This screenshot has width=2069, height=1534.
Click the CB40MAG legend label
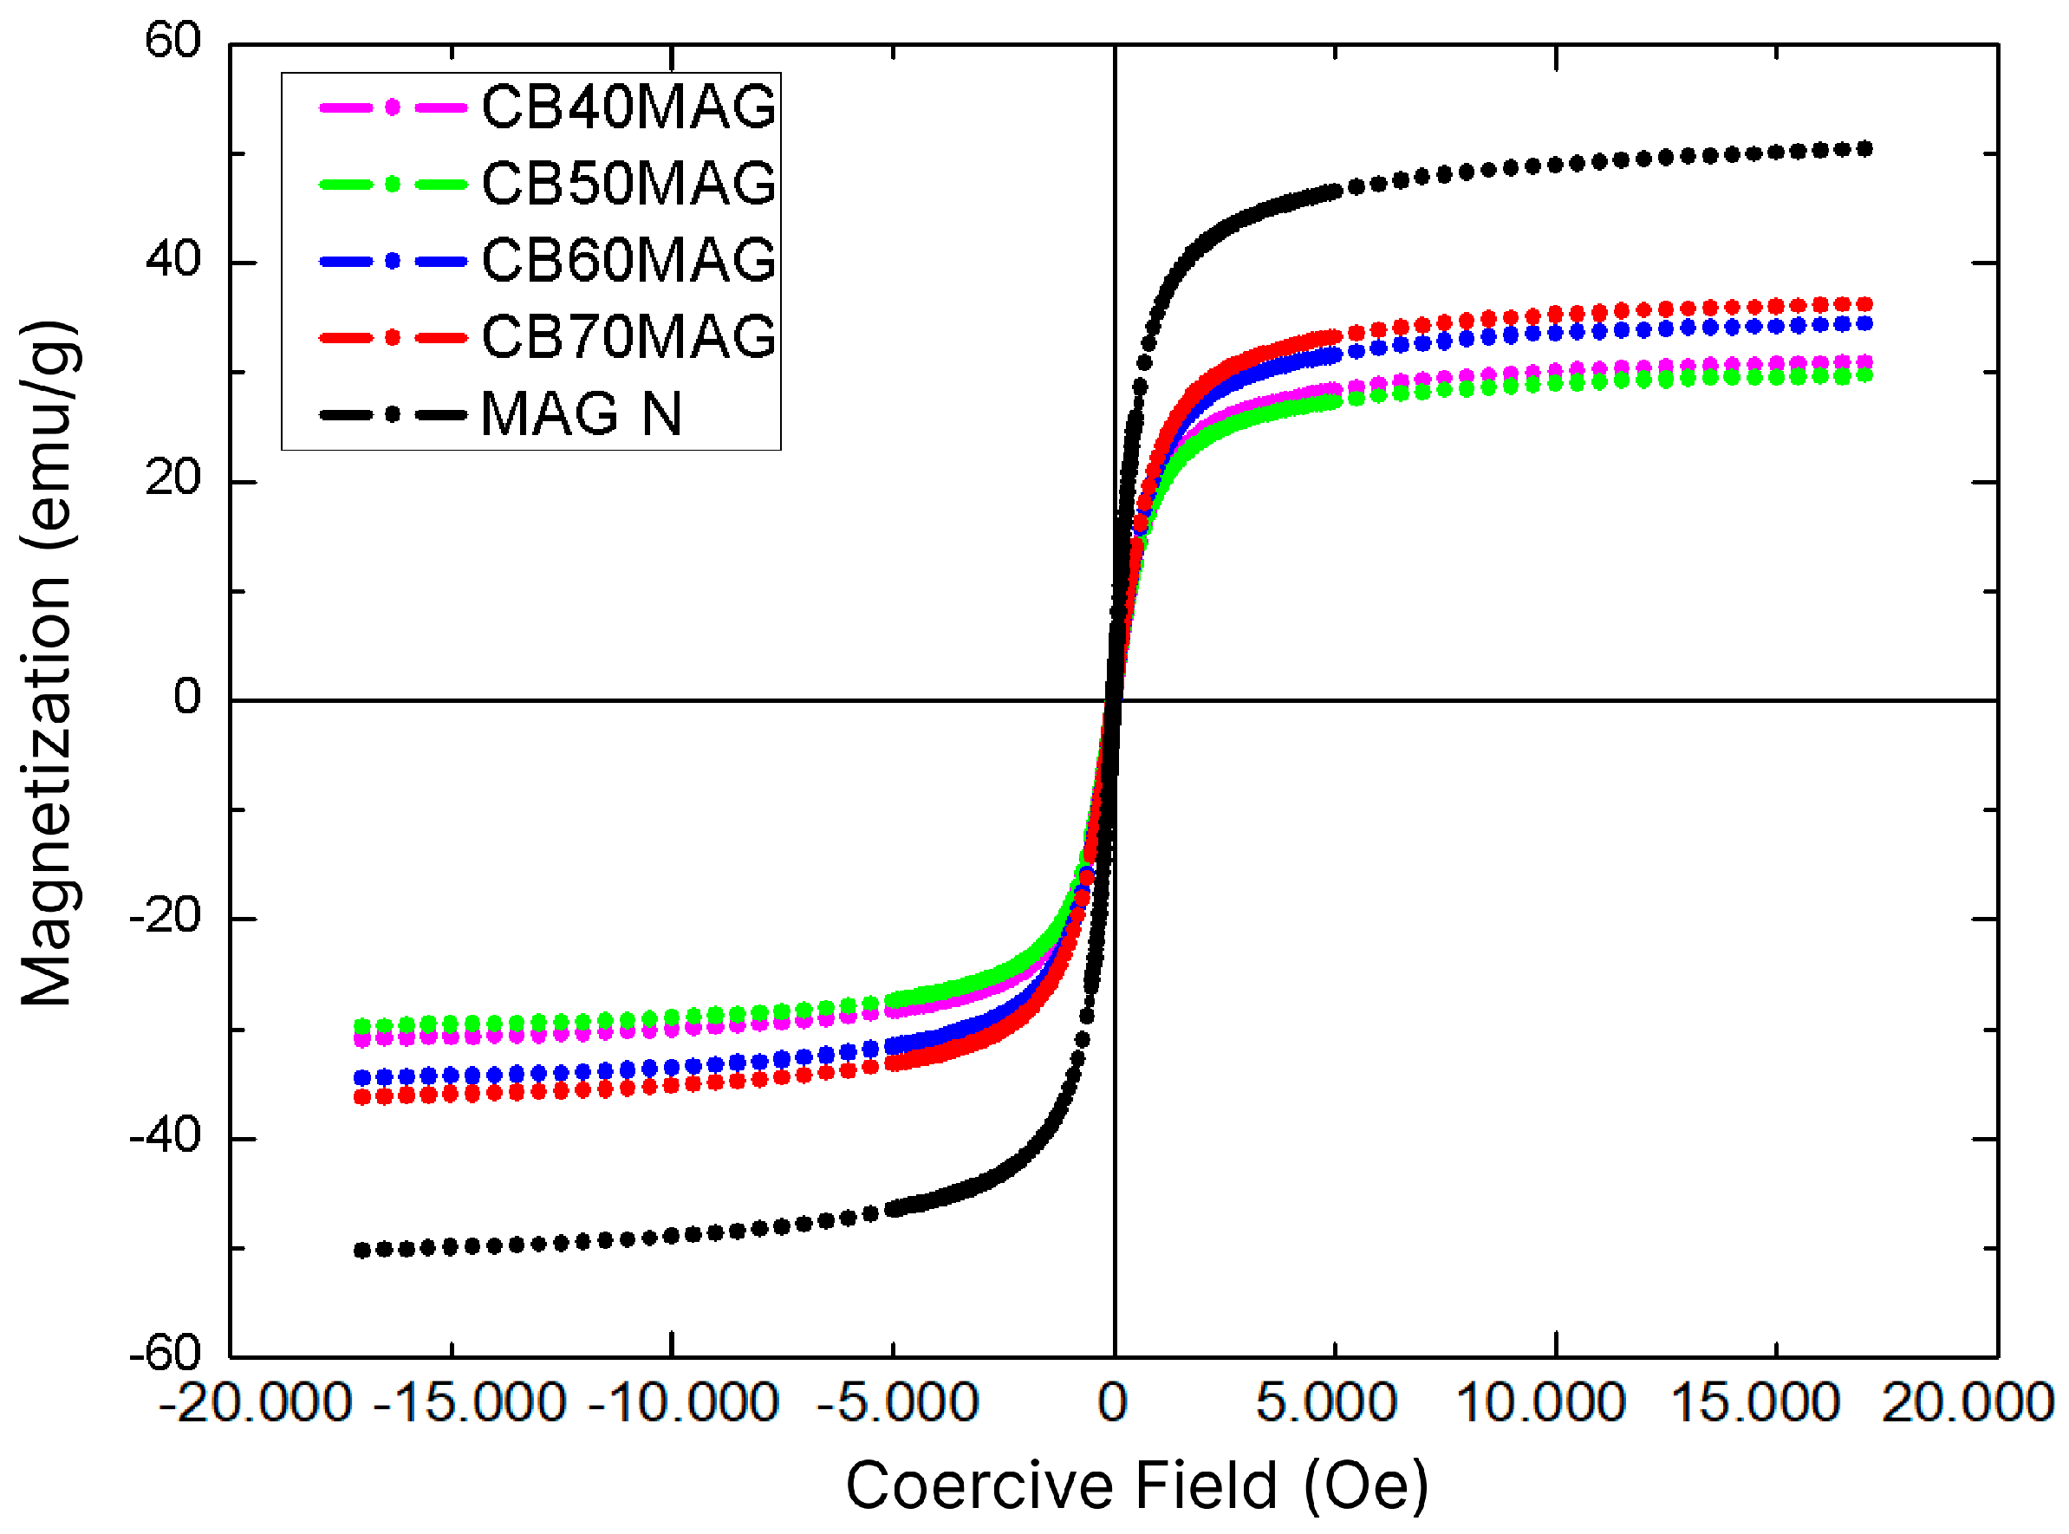[x=628, y=107]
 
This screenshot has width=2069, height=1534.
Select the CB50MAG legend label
[x=628, y=183]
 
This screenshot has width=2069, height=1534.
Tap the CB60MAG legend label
[x=628, y=260]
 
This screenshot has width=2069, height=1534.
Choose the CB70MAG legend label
[x=628, y=336]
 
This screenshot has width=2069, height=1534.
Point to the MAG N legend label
[x=582, y=413]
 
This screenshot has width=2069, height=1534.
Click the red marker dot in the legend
[x=393, y=337]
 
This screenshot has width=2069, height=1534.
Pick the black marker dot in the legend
[x=393, y=414]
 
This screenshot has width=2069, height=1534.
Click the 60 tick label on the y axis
[x=172, y=41]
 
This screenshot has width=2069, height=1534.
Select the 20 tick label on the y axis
[x=172, y=479]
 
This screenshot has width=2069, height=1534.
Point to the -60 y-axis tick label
[x=166, y=1354]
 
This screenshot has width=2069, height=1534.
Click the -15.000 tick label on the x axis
[x=469, y=1402]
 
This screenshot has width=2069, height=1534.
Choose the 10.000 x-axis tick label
[x=1539, y=1402]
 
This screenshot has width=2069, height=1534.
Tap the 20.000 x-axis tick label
[x=1967, y=1402]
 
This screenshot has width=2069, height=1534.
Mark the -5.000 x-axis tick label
[x=897, y=1402]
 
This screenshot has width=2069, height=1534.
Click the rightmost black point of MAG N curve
[x=1863, y=148]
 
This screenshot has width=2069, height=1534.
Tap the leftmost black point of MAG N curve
[x=362, y=1250]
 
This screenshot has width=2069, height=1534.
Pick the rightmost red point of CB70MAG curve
[x=1863, y=304]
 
